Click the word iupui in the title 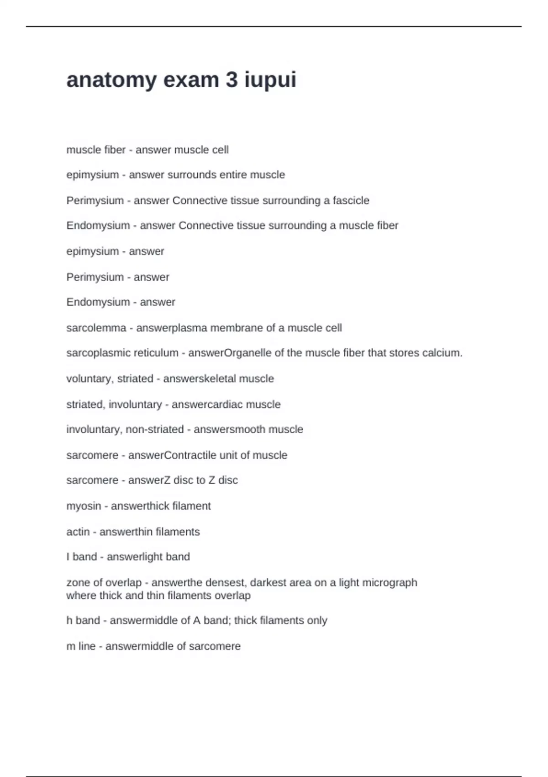(270, 80)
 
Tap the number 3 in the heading (232, 80)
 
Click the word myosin (84, 506)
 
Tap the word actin (78, 532)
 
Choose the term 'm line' (81, 646)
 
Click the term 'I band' (82, 557)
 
